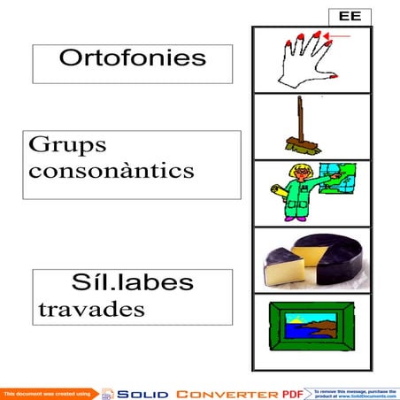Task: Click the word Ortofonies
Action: coord(132,59)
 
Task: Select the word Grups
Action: coord(67,144)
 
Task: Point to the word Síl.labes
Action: coord(133,283)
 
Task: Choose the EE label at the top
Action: coord(349,16)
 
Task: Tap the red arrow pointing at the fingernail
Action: coord(337,36)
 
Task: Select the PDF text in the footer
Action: coord(292,393)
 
